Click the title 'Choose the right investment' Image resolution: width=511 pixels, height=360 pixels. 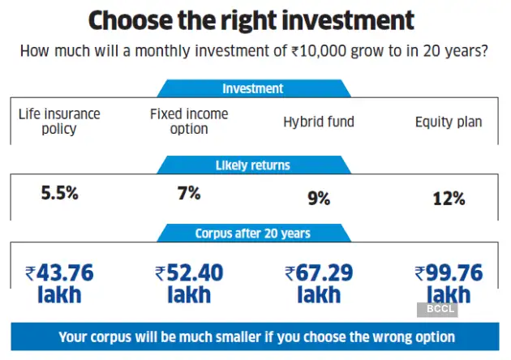251,20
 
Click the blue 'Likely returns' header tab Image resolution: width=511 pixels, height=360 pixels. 252,165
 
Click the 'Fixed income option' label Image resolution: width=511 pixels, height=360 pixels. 189,122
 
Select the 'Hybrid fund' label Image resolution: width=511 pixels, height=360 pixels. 319,122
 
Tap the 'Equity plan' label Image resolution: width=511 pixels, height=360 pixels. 449,122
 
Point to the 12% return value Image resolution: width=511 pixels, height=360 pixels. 449,197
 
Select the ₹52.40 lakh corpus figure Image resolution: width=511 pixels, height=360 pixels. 189,284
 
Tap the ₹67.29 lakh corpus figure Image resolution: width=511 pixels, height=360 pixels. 319,284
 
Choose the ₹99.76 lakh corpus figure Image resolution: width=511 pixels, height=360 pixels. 449,284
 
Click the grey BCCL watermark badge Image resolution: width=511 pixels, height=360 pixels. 437,309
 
